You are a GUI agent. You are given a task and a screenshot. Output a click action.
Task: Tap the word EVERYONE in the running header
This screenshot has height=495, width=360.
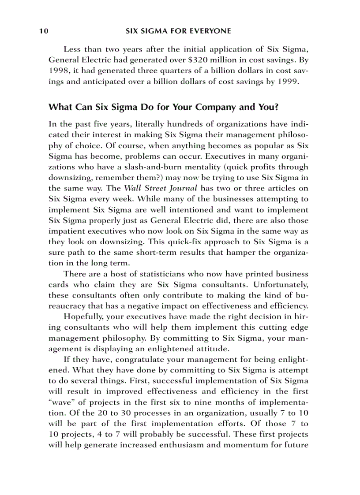click(210, 31)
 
